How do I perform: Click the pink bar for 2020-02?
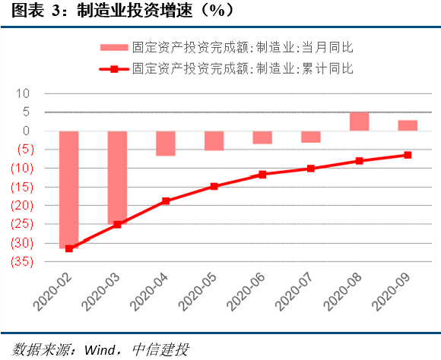pos(68,188)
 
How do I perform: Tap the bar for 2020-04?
pos(165,143)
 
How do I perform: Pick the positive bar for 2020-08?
pos(359,122)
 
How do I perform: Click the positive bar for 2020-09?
pos(407,125)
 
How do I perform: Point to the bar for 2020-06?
pos(262,137)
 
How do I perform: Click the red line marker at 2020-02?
pos(68,248)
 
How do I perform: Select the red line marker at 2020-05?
pos(214,186)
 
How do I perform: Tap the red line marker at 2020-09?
pos(407,155)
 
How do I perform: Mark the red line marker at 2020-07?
pos(310,168)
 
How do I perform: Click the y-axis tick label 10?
pos(23,93)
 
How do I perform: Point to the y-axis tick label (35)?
pos(20,261)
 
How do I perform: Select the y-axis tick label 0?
pos(26,131)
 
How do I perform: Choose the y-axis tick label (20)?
pos(20,205)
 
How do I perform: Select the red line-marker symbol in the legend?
pos(113,69)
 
